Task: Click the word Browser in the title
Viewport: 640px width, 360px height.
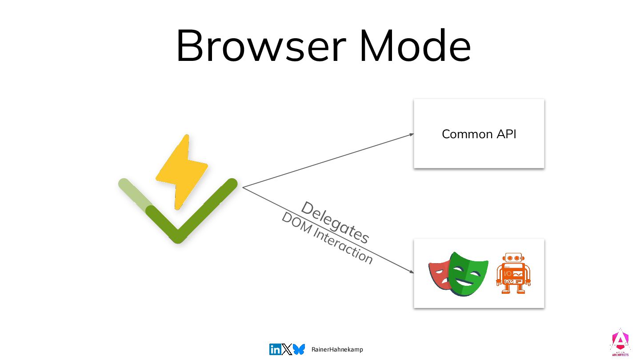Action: tap(260, 46)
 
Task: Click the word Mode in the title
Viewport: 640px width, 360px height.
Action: tap(416, 46)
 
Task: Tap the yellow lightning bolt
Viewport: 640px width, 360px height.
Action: tap(182, 171)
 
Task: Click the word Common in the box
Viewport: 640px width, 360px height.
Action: tap(461, 134)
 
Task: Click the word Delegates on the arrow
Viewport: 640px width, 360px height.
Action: tap(335, 222)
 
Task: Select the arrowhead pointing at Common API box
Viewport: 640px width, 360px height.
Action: tap(412, 134)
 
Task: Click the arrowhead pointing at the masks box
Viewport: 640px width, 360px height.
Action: tap(411, 272)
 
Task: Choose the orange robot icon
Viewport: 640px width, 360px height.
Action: tap(513, 273)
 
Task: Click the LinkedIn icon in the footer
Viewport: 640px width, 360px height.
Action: tap(275, 349)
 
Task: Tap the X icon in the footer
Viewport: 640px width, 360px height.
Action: tap(287, 349)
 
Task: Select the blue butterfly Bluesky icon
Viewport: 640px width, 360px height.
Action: tap(299, 349)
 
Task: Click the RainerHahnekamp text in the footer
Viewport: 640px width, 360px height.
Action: tap(337, 349)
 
